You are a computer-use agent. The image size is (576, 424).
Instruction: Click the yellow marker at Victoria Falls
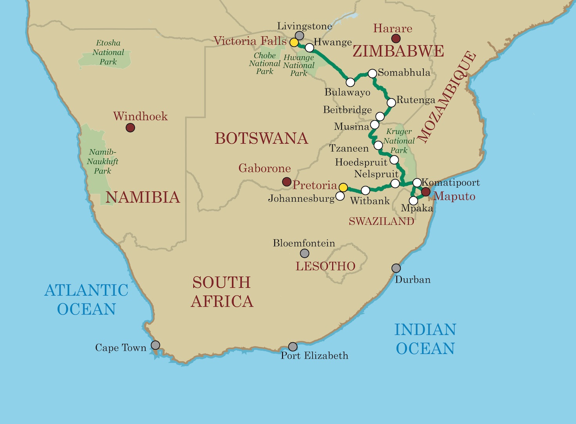pyautogui.click(x=294, y=42)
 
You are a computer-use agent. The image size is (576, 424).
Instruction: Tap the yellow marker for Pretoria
pyautogui.click(x=343, y=188)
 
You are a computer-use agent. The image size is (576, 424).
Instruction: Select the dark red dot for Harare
pyautogui.click(x=396, y=38)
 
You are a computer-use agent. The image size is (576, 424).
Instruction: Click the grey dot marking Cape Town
pyautogui.click(x=155, y=345)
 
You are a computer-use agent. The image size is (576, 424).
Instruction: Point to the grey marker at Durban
pyautogui.click(x=396, y=268)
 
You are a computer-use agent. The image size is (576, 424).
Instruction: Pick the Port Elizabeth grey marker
pyautogui.click(x=293, y=346)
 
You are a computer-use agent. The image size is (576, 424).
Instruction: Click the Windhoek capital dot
pyautogui.click(x=130, y=128)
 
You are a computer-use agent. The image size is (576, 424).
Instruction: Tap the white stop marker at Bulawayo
pyautogui.click(x=351, y=82)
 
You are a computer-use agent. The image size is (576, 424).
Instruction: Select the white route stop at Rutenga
pyautogui.click(x=391, y=103)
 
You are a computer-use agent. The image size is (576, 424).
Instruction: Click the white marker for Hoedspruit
pyautogui.click(x=394, y=160)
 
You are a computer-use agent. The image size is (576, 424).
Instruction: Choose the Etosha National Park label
pyautogui.click(x=108, y=52)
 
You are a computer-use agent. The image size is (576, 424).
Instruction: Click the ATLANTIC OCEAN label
pyautogui.click(x=86, y=300)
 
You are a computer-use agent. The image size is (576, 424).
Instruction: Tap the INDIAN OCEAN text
pyautogui.click(x=425, y=339)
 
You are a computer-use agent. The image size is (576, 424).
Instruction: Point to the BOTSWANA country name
pyautogui.click(x=261, y=139)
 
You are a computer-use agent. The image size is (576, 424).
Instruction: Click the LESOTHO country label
pyautogui.click(x=325, y=266)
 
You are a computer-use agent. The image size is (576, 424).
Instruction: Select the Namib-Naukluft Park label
pyautogui.click(x=103, y=161)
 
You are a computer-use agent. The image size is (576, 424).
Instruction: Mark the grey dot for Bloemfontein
pyautogui.click(x=304, y=254)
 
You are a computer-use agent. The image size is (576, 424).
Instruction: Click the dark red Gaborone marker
pyautogui.click(x=287, y=181)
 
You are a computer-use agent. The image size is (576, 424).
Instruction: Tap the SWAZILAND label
pyautogui.click(x=381, y=222)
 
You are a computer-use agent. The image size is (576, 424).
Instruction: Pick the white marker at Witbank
pyautogui.click(x=365, y=190)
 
